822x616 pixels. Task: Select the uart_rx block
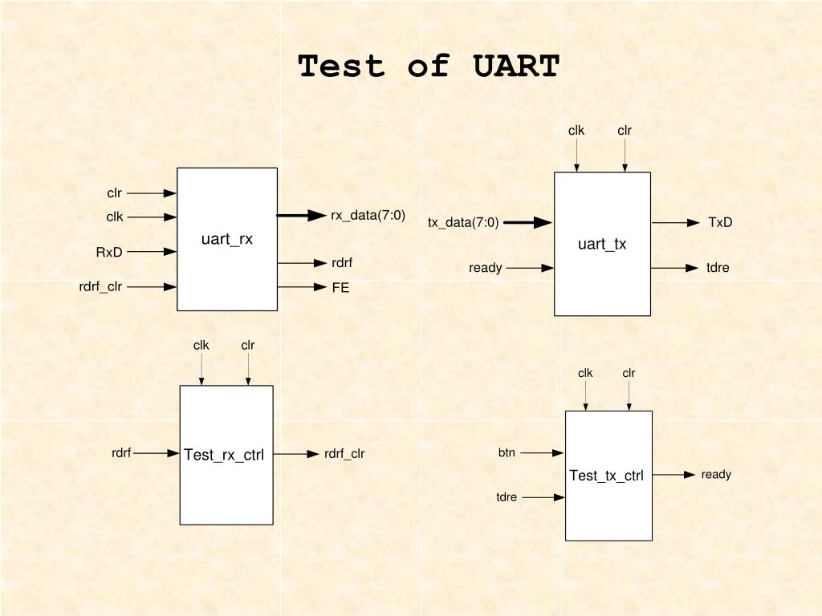pos(227,239)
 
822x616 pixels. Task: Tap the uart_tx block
pos(602,244)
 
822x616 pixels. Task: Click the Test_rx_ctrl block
pos(226,455)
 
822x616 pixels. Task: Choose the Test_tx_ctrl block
pos(608,476)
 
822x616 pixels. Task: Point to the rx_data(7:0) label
pos(368,216)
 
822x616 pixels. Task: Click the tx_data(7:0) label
pos(463,223)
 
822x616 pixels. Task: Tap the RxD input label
pos(109,253)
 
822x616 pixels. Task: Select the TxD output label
pos(720,223)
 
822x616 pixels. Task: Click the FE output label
pos(340,287)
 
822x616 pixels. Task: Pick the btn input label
pos(507,453)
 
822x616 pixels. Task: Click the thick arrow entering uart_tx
pos(527,223)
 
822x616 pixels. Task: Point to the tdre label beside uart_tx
pos(718,268)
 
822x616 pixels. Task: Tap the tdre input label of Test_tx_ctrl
pos(507,497)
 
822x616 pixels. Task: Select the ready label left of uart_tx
pos(486,268)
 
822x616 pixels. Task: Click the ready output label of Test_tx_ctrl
pos(716,475)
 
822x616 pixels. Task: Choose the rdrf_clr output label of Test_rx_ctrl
pos(344,454)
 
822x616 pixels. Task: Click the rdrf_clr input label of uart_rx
pos(100,286)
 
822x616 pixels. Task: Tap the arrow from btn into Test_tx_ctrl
pos(542,453)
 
